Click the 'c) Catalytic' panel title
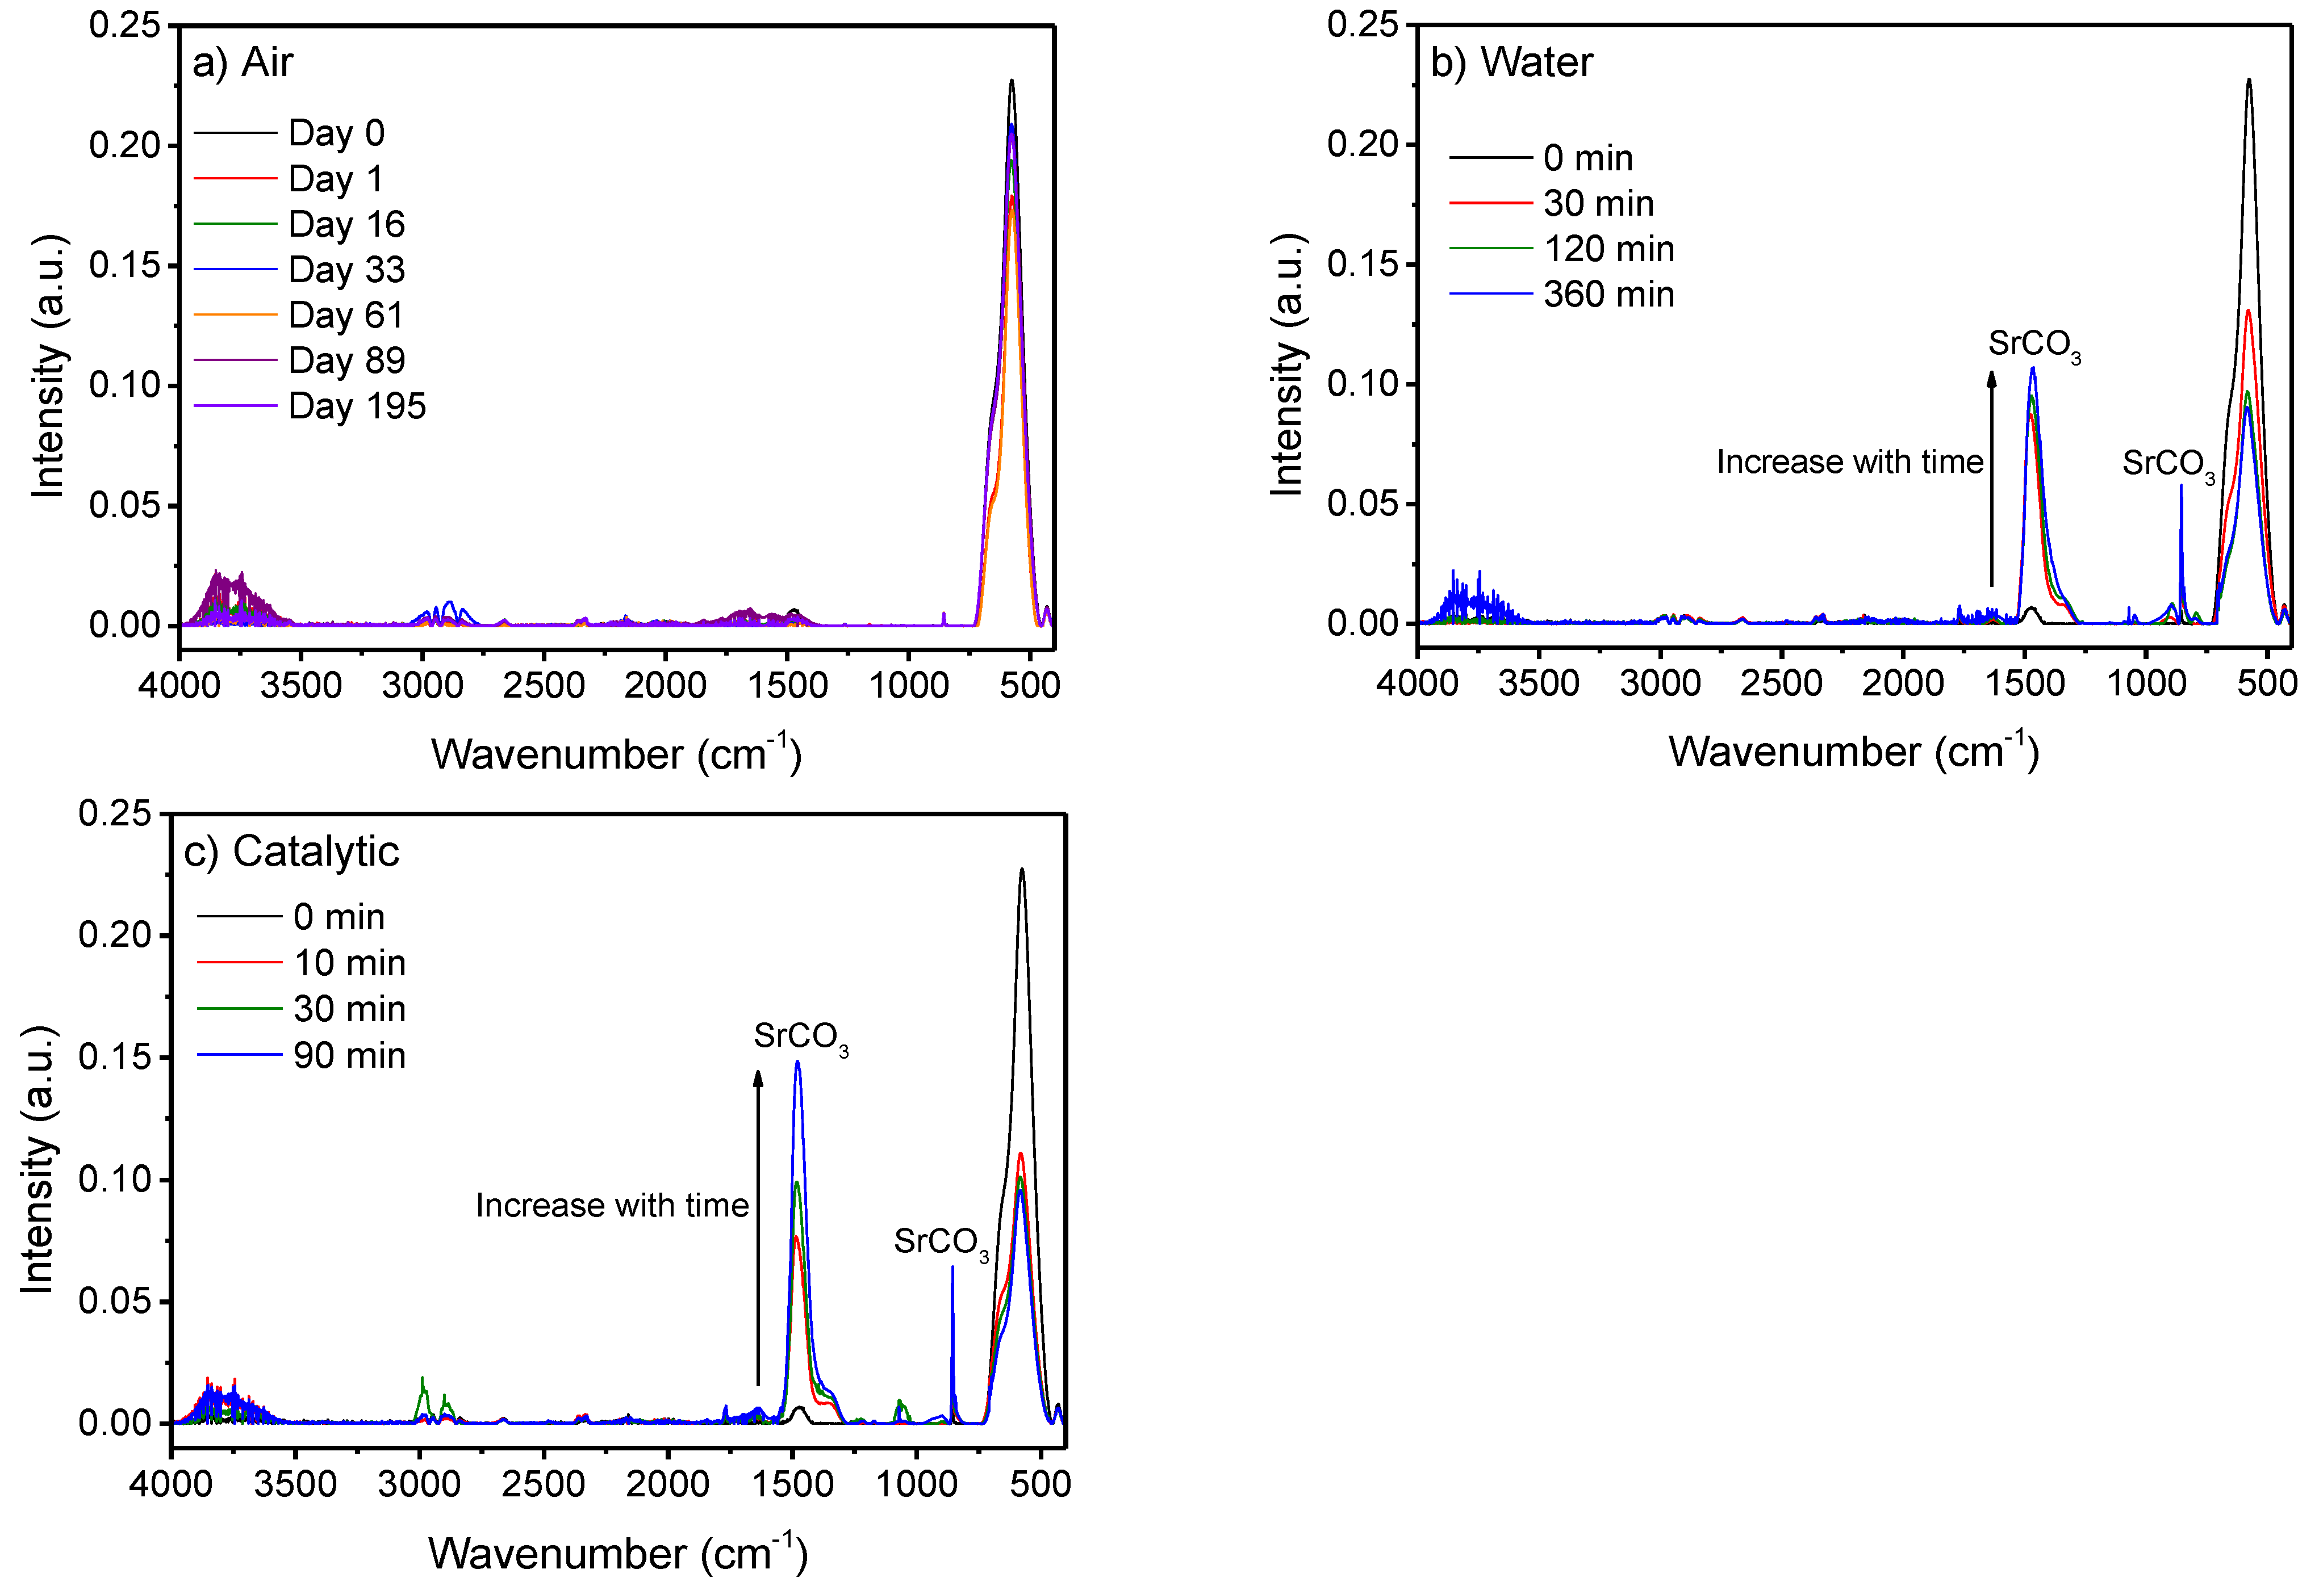[x=291, y=852]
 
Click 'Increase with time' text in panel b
[x=1849, y=462]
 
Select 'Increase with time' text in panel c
[x=612, y=1205]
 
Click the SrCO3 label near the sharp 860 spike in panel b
[x=2167, y=464]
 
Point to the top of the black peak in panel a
[x=1012, y=82]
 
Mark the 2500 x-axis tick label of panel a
[x=544, y=685]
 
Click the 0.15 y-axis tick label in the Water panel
[x=1362, y=265]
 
